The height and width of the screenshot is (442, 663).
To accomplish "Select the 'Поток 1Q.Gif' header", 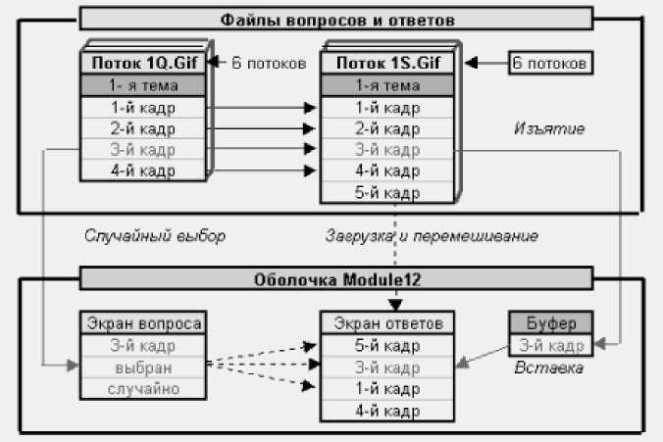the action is pyautogui.click(x=143, y=63).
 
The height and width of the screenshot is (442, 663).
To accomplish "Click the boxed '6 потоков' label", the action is pyautogui.click(x=549, y=63).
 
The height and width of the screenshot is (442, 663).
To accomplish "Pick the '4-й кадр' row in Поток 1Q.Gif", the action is pyautogui.click(x=143, y=170).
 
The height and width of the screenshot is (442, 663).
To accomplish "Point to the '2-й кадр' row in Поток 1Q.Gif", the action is pyautogui.click(x=143, y=127).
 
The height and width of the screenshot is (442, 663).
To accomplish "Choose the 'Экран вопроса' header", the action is pyautogui.click(x=143, y=323).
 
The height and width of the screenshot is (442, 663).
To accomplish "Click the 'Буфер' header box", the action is pyautogui.click(x=550, y=323).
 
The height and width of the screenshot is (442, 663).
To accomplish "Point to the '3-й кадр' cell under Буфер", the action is pyautogui.click(x=550, y=345).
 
